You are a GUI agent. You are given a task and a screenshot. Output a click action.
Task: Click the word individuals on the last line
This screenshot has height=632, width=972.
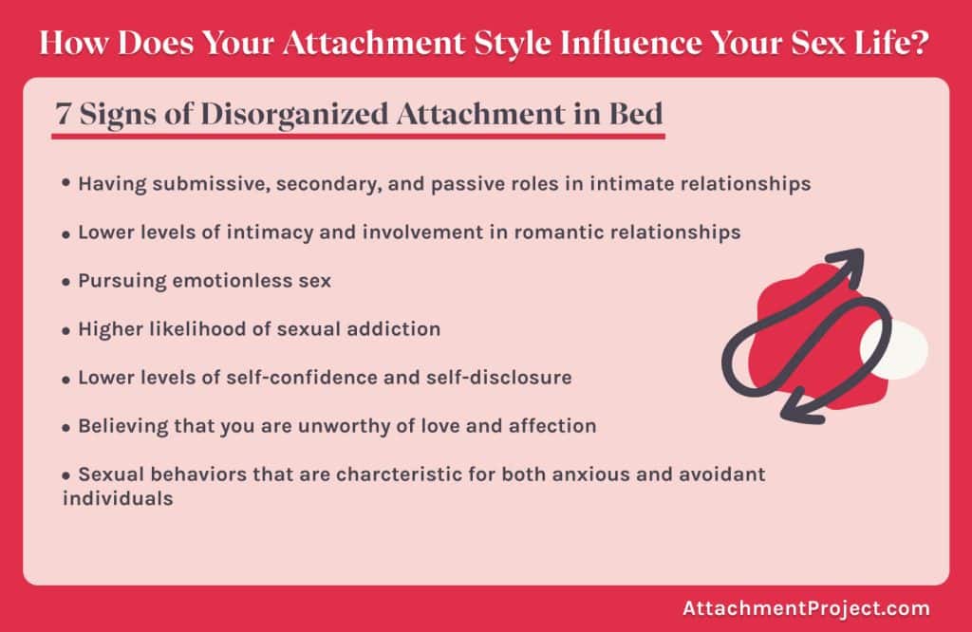118,497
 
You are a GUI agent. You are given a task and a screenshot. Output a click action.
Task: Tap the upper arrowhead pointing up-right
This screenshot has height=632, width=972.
848,263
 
